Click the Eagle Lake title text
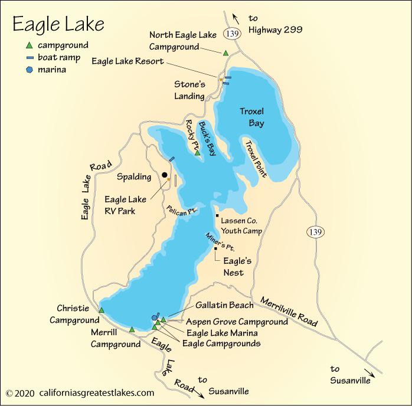click(58, 24)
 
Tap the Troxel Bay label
click(252, 117)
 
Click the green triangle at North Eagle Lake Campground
click(225, 53)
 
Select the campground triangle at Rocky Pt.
click(198, 153)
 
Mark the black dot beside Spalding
click(165, 175)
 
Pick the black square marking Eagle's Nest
click(216, 248)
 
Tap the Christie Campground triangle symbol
click(102, 310)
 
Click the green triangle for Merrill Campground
click(132, 329)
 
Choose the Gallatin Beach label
click(226, 305)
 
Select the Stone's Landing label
click(189, 90)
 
